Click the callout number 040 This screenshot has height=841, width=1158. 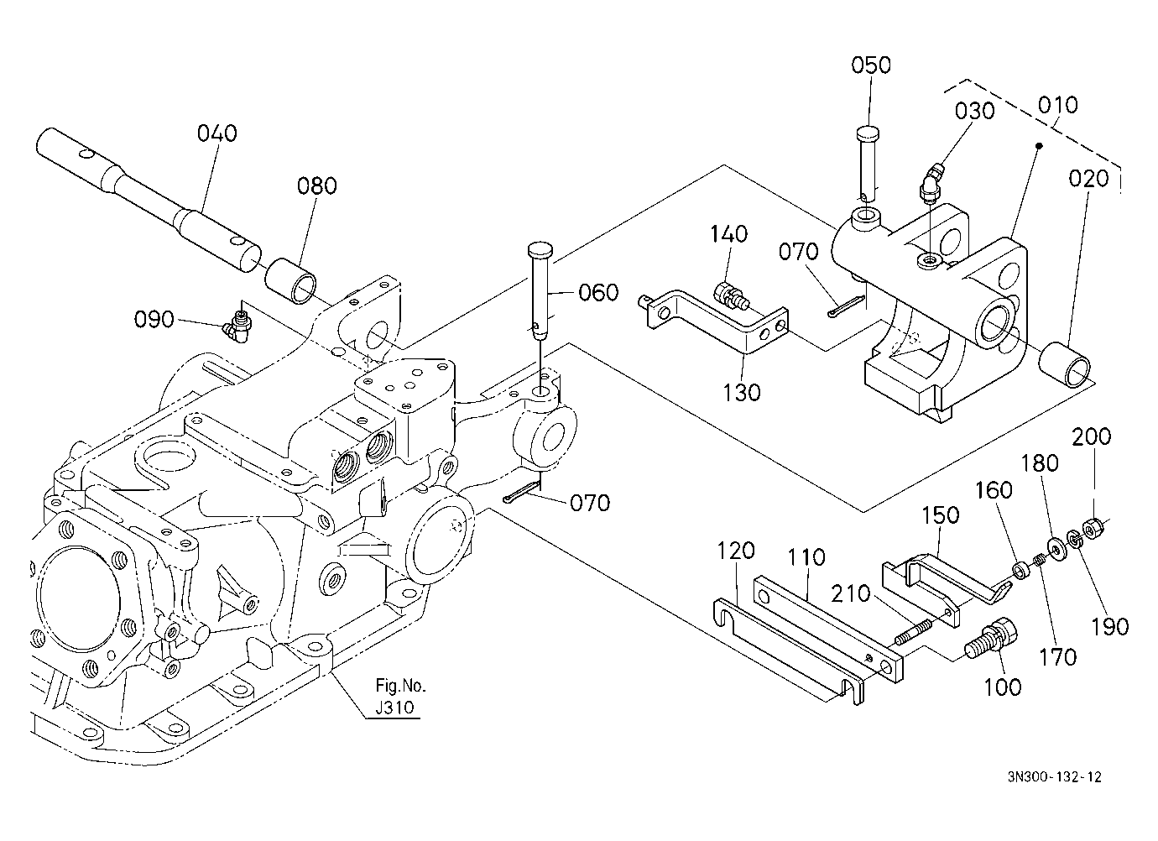tap(217, 133)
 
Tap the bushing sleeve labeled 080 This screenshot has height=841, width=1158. tap(290, 281)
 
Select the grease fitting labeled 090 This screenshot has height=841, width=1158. tap(237, 326)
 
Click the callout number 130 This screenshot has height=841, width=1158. tap(741, 393)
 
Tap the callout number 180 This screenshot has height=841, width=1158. tap(1040, 463)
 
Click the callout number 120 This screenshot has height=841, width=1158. tap(736, 551)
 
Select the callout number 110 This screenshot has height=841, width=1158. tap(806, 558)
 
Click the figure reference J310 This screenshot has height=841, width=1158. tap(395, 708)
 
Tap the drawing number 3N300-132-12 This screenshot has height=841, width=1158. tap(1055, 791)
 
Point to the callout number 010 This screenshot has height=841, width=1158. tap(1057, 105)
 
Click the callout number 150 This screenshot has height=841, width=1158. tap(941, 515)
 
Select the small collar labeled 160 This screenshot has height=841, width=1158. tap(1021, 572)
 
